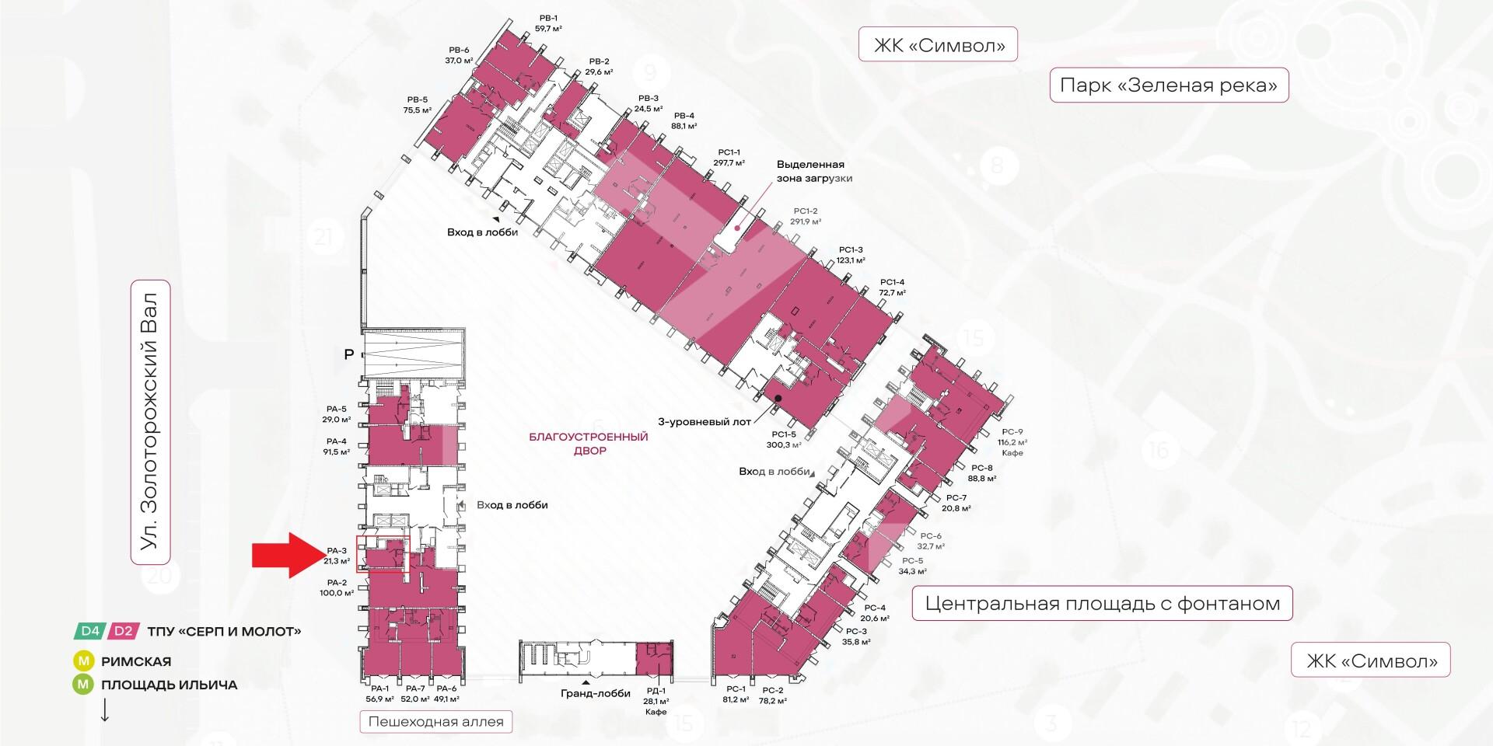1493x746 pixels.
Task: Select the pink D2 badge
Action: [x=124, y=631]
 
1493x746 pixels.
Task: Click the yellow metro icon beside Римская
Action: [x=82, y=661]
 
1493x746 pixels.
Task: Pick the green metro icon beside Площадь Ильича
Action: [x=82, y=685]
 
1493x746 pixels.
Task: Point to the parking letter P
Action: [x=349, y=354]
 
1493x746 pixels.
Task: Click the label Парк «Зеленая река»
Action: [x=1169, y=85]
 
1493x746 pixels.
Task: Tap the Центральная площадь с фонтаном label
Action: [x=1102, y=603]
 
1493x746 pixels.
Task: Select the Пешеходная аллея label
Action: [x=435, y=722]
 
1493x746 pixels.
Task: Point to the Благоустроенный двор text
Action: [x=588, y=444]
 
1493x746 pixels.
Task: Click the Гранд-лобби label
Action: [x=595, y=694]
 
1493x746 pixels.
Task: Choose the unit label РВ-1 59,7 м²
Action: [x=548, y=23]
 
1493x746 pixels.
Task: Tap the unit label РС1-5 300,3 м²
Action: [x=784, y=440]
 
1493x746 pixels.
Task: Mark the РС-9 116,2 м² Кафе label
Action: [x=1012, y=442]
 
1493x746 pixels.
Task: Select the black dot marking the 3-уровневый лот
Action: [x=778, y=399]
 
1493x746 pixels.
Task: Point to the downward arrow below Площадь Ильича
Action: [x=104, y=710]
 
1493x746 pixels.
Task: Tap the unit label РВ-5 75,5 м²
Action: [x=417, y=105]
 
